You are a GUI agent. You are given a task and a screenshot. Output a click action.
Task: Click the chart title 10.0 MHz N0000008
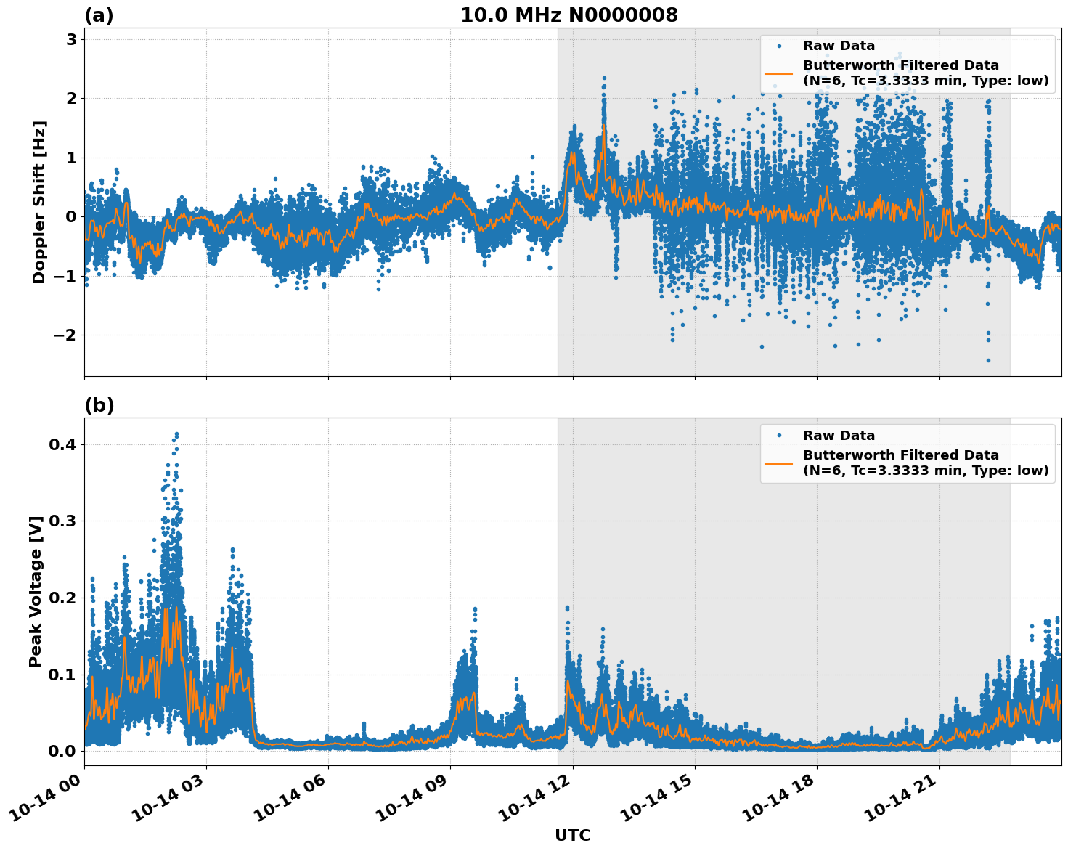pos(568,15)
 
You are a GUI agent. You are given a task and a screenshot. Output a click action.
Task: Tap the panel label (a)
pos(99,15)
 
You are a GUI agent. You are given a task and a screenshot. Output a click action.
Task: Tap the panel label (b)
pos(99,405)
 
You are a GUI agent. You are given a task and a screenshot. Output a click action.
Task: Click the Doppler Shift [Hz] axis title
pos(38,202)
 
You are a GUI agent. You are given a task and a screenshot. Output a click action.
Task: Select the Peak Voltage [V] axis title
pos(36,591)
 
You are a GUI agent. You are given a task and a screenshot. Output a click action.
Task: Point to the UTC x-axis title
pos(572,835)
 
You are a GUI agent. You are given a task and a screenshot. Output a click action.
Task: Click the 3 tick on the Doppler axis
pos(71,39)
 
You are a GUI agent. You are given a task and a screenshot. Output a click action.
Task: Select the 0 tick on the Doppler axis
pos(71,216)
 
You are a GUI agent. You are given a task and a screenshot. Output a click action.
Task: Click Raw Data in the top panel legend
pos(839,46)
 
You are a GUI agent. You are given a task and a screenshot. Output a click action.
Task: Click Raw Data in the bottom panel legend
pos(839,436)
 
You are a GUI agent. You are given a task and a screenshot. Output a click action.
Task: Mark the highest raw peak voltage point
pos(176,434)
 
